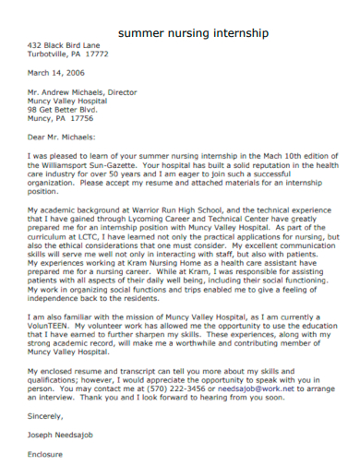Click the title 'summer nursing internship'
click(x=194, y=32)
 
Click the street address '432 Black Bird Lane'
click(x=64, y=44)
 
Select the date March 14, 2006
click(x=56, y=72)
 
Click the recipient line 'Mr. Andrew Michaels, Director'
click(x=82, y=92)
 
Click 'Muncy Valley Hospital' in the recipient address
click(x=70, y=101)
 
